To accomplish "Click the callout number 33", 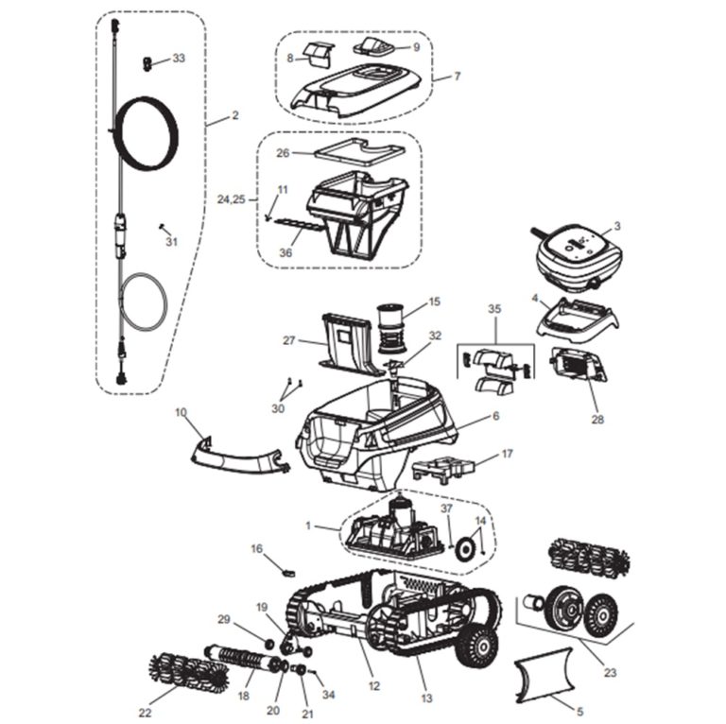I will click(x=178, y=59).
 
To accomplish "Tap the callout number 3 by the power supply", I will click(x=616, y=226).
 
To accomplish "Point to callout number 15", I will click(x=434, y=302).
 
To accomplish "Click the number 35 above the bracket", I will click(x=493, y=310).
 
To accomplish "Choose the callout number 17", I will click(x=507, y=455).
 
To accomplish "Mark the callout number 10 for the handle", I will click(x=181, y=412).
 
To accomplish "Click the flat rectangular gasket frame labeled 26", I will click(x=355, y=150).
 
